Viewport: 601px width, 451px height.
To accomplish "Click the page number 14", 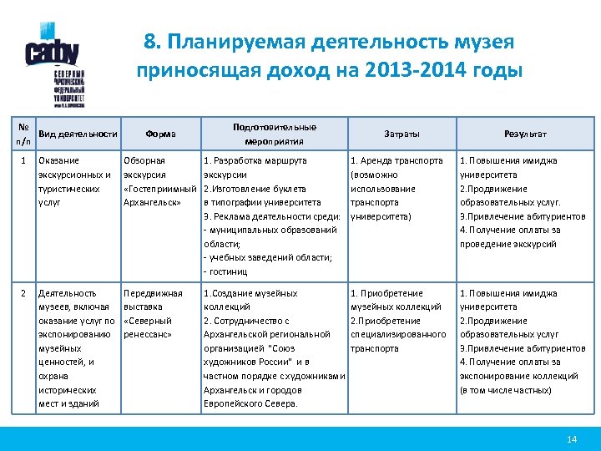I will tap(572, 438).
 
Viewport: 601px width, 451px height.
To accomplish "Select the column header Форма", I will tap(160, 134).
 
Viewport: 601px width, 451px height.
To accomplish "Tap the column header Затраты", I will tap(402, 134).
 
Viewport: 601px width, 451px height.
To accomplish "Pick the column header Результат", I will tap(525, 134).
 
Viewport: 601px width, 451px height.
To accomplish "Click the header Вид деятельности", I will tap(78, 134).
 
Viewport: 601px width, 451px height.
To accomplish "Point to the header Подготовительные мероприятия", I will tap(275, 134).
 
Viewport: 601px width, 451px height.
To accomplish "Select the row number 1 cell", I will tap(24, 160).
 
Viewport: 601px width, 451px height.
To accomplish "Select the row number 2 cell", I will tap(24, 293).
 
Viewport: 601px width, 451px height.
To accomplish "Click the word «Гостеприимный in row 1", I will tap(159, 189).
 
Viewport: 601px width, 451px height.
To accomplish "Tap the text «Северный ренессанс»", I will tap(148, 327).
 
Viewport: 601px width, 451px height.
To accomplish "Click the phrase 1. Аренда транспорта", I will tap(396, 160).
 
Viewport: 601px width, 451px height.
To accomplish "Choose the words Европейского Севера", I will tap(250, 403).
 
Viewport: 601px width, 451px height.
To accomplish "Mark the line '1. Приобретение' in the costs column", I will tap(386, 293).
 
